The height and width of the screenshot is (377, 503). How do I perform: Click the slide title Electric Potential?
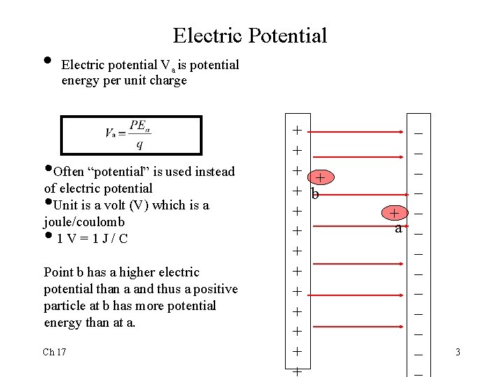pos(249,35)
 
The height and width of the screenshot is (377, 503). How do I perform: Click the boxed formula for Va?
pos(131,135)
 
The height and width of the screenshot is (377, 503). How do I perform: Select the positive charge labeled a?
pos(394,213)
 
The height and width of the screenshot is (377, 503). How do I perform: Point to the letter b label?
pos(315,194)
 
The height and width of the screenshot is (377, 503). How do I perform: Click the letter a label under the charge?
pos(398,228)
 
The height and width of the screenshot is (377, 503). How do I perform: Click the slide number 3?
pos(458,352)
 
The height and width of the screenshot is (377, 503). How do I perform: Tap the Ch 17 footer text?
pos(54,352)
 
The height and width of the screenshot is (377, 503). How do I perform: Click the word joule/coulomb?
pos(84,222)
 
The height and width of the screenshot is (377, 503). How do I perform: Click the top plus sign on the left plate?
pos(297,131)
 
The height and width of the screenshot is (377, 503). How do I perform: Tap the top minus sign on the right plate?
pos(418,131)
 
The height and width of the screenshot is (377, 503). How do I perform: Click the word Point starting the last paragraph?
pos(58,272)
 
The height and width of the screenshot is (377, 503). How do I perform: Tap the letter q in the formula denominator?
pos(139,145)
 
